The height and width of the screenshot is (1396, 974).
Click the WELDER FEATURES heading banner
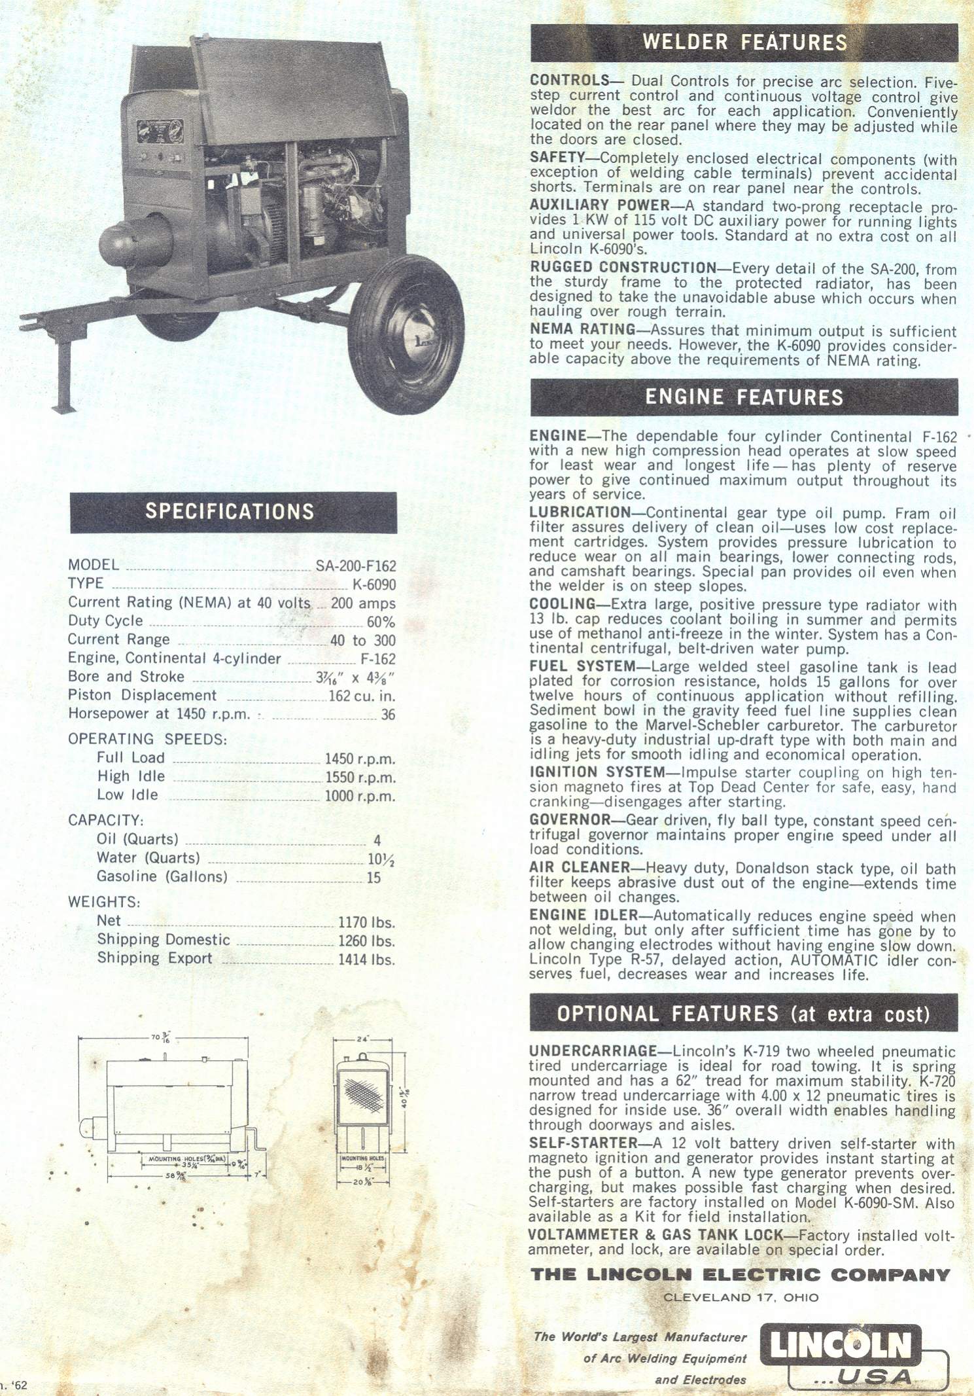pos(744,43)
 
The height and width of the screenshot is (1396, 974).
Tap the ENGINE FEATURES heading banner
pos(744,397)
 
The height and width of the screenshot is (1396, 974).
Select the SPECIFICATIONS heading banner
pos(233,512)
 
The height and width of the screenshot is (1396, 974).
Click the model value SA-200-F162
pos(355,566)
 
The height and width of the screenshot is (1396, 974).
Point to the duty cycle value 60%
pos(381,622)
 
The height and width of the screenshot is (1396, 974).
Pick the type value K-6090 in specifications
pos(374,584)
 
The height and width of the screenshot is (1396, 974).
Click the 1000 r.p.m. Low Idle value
pos(360,796)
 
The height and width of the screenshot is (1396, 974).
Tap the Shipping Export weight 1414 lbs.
pos(366,960)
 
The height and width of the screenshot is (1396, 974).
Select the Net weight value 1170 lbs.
pos(366,923)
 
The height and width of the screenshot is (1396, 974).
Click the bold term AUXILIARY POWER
pos(599,206)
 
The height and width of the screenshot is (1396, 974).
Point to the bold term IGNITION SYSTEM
pos(597,772)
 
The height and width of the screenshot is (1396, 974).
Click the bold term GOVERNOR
pos(570,820)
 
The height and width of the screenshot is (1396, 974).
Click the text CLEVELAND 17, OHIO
pos(740,1298)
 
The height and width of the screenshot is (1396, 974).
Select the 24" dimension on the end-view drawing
pos(363,1039)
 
